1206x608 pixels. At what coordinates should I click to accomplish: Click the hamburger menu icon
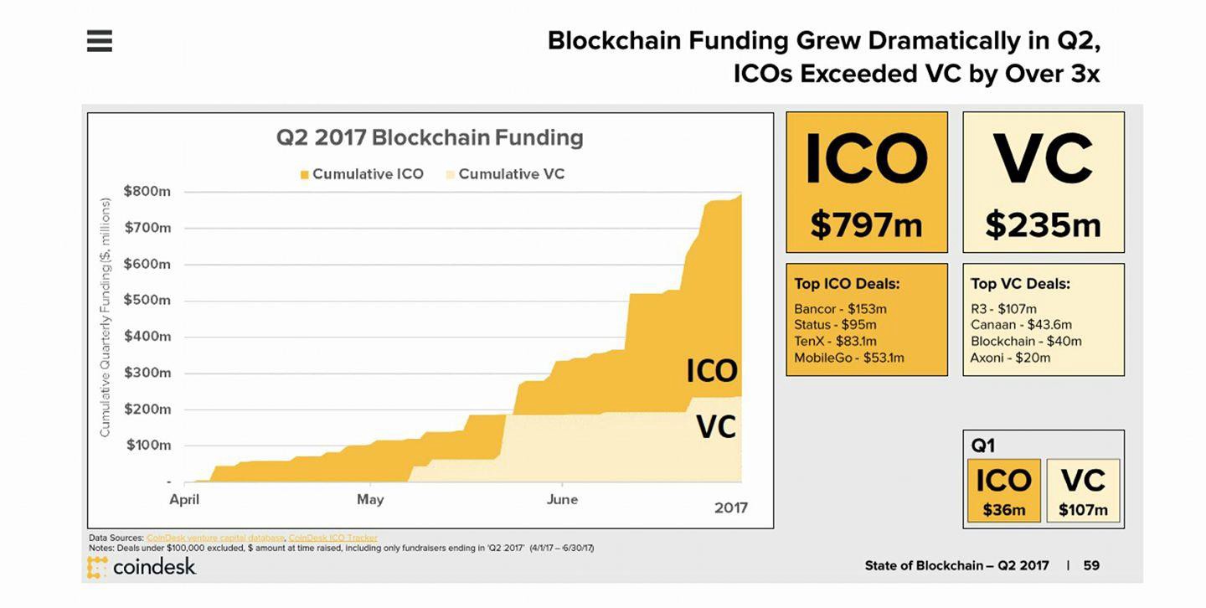(x=99, y=40)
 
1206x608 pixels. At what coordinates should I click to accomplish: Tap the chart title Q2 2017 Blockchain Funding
(x=430, y=137)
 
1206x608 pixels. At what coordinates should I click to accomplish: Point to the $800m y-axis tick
(x=147, y=191)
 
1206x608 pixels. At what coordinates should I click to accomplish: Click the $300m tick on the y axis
(x=147, y=373)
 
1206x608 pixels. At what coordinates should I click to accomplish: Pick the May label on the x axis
(x=370, y=499)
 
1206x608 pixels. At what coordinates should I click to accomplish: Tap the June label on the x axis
(x=562, y=499)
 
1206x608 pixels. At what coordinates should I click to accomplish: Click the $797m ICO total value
(x=866, y=224)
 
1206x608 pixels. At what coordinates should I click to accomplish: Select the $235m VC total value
(x=1043, y=224)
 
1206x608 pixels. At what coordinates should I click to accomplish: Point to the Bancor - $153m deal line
(x=840, y=309)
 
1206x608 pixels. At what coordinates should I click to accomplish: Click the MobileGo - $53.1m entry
(x=848, y=358)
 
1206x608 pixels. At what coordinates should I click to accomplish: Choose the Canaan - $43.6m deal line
(x=1021, y=325)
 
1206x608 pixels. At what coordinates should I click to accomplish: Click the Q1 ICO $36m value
(x=1003, y=510)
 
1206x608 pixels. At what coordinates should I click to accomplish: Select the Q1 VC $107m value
(x=1083, y=510)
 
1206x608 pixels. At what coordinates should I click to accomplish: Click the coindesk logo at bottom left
(x=142, y=567)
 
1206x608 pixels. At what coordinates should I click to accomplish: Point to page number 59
(x=1091, y=565)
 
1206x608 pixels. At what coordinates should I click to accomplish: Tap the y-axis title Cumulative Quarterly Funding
(x=106, y=317)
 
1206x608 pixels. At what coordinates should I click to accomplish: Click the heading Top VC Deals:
(x=1020, y=284)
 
